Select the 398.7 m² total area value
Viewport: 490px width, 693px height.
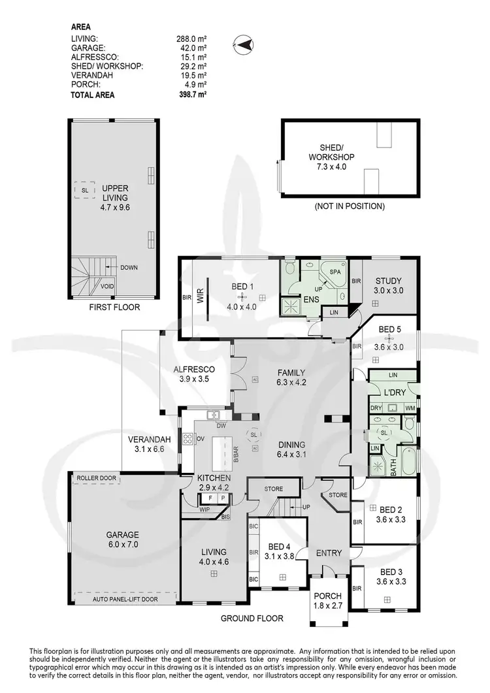click(193, 95)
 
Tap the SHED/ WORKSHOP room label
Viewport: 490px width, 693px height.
click(331, 157)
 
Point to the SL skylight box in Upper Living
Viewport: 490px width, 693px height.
click(84, 190)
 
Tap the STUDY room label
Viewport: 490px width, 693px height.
click(383, 282)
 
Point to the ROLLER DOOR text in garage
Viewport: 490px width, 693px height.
click(96, 478)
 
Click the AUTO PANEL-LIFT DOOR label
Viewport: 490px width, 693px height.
click(126, 597)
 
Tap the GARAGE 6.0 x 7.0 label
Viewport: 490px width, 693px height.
click(123, 539)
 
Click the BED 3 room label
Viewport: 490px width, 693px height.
click(392, 572)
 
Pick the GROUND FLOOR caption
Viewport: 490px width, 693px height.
click(251, 618)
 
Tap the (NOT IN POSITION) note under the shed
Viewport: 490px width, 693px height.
click(350, 206)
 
